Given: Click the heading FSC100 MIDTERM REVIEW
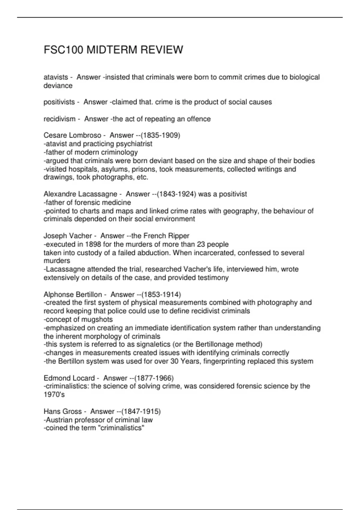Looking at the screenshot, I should [113, 50].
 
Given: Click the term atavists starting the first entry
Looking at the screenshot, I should [56, 77].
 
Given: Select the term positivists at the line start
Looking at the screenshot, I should [59, 102].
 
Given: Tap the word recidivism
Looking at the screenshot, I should [59, 119].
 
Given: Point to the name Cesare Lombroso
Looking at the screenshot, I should [72, 135].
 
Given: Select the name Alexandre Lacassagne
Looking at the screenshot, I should [80, 194].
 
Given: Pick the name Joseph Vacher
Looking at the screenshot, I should [67, 236].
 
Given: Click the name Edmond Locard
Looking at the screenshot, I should [69, 378].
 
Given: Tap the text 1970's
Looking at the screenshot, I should [54, 395].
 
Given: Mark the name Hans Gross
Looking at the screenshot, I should [62, 411].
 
